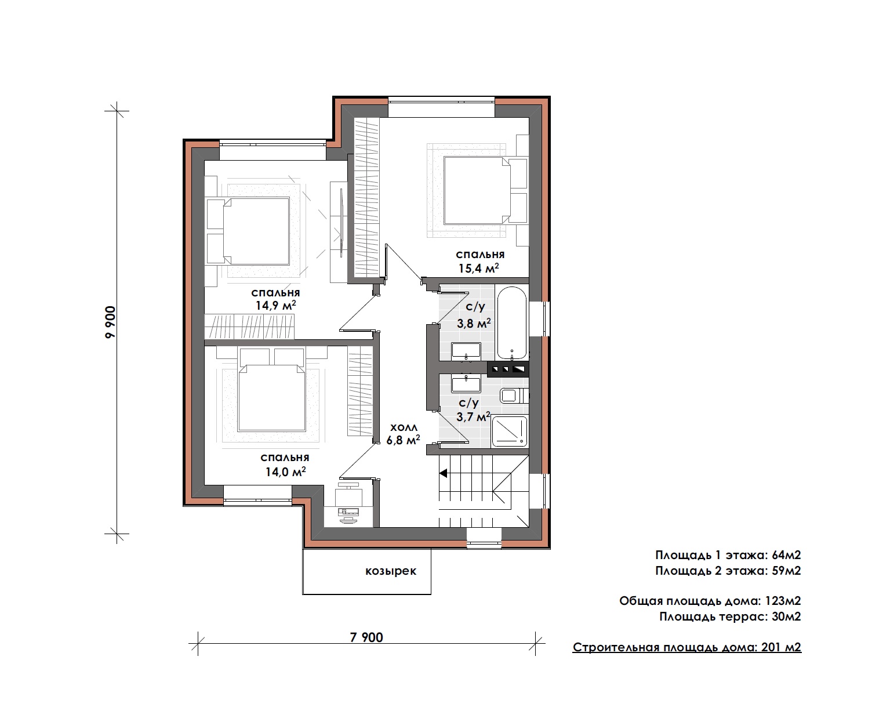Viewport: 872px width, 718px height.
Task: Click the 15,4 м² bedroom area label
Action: [479, 262]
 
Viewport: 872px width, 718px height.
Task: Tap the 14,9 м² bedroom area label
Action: [275, 299]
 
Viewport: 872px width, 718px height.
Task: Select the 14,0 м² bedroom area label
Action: [285, 465]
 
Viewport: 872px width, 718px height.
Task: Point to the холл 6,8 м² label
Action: [403, 433]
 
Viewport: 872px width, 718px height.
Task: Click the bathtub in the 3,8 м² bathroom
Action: [512, 322]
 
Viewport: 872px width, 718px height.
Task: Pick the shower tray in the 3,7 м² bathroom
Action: [510, 432]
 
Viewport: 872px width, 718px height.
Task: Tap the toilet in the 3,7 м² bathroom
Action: [514, 396]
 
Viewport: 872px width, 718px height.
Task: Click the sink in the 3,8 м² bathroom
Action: [466, 350]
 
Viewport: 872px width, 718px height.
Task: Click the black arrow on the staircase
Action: [443, 473]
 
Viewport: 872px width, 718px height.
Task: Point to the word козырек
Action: [391, 571]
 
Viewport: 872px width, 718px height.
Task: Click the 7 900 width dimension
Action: [366, 637]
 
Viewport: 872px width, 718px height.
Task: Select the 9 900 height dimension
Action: [110, 322]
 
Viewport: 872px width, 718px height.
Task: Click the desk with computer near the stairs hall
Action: [349, 502]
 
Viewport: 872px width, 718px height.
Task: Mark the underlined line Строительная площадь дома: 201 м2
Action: [687, 647]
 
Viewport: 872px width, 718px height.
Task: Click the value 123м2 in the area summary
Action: [783, 600]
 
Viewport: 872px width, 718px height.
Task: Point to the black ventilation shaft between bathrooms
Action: [508, 369]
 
